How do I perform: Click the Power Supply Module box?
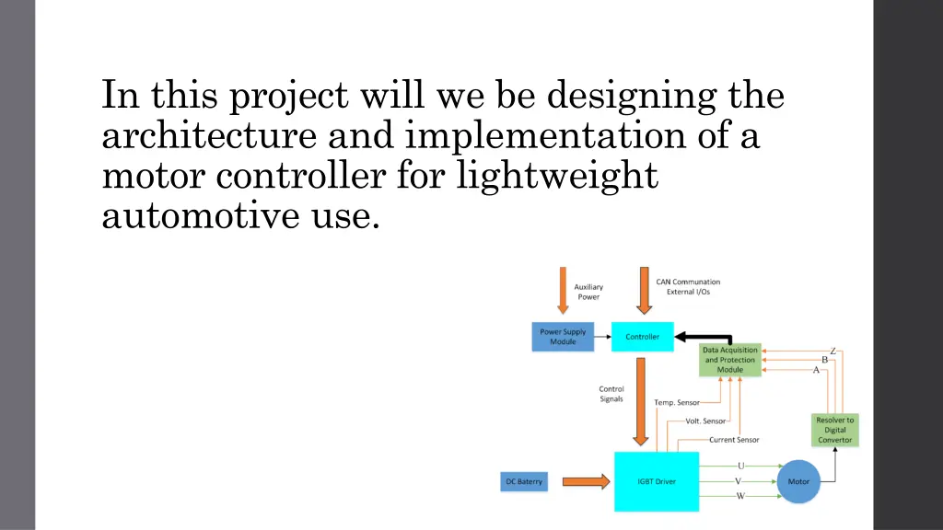[563, 337]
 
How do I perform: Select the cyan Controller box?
[642, 337]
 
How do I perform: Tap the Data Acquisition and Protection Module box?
[730, 360]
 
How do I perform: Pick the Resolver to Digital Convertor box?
[835, 430]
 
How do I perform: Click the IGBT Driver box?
[657, 481]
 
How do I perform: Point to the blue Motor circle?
[798, 481]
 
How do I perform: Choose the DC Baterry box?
[524, 481]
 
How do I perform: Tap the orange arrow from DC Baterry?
[585, 481]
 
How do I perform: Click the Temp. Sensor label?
[676, 403]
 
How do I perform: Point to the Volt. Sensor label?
[705, 421]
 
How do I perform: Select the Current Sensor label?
[734, 440]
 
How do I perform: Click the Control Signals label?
[611, 394]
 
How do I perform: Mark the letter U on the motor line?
[741, 466]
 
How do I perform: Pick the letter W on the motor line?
[740, 496]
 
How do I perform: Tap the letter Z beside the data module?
[832, 351]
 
